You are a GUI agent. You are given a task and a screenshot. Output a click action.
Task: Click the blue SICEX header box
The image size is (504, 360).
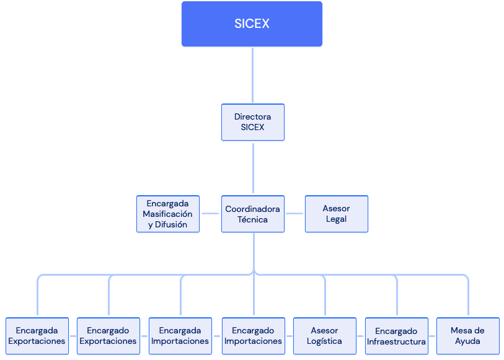tap(252, 24)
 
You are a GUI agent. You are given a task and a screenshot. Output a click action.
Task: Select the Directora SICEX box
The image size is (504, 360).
tap(253, 122)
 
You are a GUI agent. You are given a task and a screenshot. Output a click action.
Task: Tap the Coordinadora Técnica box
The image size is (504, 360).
tap(253, 214)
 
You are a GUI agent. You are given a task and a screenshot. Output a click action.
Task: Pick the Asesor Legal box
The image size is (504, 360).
tap(337, 214)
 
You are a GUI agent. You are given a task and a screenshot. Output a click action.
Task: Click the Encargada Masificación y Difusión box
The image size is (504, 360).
tap(168, 214)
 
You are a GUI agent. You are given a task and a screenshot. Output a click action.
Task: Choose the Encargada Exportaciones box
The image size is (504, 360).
tap(37, 336)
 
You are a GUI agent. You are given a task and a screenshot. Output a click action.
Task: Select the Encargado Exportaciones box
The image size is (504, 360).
tap(108, 336)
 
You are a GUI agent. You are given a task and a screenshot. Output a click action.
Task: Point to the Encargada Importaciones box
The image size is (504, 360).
tap(180, 336)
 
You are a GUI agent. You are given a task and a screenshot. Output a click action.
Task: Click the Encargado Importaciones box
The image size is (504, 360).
tap(254, 336)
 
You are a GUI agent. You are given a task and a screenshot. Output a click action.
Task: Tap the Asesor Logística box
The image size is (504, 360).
tap(325, 336)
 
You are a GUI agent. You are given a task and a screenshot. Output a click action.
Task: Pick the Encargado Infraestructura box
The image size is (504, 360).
tap(397, 336)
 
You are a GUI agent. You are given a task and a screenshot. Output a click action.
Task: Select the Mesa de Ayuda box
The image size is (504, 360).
tap(468, 336)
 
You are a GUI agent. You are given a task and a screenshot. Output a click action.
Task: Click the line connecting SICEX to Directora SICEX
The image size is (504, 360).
tap(253, 75)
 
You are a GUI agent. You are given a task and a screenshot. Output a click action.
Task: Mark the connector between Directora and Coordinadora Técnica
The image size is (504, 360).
tap(254, 168)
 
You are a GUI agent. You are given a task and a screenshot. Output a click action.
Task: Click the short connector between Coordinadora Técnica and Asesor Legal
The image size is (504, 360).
tap(294, 213)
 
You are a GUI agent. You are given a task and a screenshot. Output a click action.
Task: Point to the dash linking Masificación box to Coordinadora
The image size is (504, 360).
tap(210, 213)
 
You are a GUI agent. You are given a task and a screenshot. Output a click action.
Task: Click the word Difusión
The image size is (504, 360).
tap(171, 224)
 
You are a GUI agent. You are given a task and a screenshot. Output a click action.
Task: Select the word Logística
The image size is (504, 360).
tap(324, 341)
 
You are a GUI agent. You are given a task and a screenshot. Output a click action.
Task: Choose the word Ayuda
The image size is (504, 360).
tap(467, 341)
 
